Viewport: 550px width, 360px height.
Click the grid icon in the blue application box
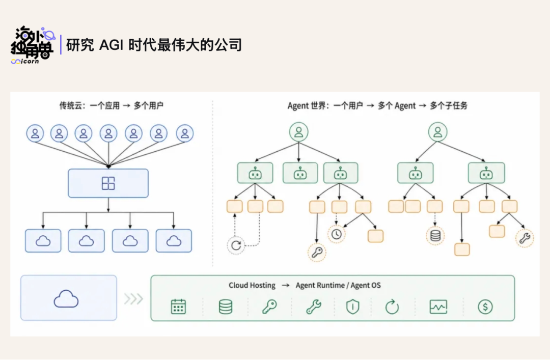click(108, 183)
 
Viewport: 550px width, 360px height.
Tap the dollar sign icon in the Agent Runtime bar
click(485, 307)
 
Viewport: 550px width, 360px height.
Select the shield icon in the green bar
click(352, 307)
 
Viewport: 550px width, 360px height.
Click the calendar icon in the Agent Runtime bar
click(178, 307)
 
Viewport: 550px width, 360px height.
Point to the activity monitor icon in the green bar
click(438, 307)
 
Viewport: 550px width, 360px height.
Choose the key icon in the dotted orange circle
click(317, 252)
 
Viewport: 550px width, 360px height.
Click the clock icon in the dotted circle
click(337, 234)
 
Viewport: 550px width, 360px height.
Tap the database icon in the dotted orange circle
click(435, 236)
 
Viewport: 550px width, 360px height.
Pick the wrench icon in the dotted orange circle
click(525, 238)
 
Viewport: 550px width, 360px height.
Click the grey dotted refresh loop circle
click(236, 245)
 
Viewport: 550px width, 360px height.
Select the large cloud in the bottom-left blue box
click(66, 299)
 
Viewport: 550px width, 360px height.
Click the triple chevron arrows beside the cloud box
click(133, 299)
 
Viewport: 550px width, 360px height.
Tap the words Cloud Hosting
click(252, 285)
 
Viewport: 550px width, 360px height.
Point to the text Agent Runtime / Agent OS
click(338, 285)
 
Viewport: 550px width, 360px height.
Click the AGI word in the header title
click(111, 45)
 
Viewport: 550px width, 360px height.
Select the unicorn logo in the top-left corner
click(33, 45)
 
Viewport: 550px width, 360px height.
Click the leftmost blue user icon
click(35, 133)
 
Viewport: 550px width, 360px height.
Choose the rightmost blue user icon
click(185, 133)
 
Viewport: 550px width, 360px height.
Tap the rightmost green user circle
click(438, 132)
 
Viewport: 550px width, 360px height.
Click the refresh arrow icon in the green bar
click(392, 307)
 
